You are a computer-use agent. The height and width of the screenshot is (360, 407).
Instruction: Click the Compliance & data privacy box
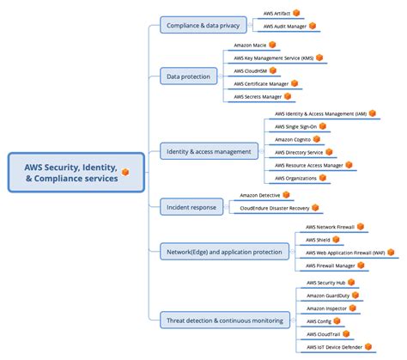[203, 26]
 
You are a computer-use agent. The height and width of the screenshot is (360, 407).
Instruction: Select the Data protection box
[189, 76]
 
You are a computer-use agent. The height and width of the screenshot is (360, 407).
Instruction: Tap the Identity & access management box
[210, 151]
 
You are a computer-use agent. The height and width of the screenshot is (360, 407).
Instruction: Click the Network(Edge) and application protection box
[226, 251]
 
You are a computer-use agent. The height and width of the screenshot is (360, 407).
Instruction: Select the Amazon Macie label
[249, 45]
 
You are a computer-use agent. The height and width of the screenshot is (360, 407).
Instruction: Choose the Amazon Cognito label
[292, 139]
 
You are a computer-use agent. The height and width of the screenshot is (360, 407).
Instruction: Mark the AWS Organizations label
[295, 178]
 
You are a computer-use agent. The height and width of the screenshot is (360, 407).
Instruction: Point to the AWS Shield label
[320, 240]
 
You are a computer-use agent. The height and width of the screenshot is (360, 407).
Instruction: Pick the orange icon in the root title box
[125, 171]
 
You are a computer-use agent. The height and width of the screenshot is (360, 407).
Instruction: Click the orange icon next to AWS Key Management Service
[319, 58]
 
